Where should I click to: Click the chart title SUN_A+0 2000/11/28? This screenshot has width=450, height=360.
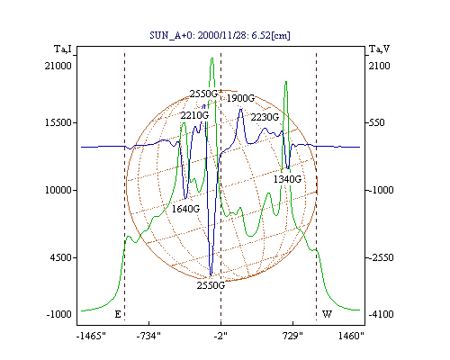(220, 35)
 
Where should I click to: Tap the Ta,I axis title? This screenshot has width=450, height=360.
(63, 49)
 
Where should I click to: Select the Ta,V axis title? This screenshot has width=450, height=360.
(379, 49)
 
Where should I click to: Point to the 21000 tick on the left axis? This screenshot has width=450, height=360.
(58, 66)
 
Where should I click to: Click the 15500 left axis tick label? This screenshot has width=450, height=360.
(58, 122)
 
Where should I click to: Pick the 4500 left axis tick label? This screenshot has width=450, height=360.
(61, 257)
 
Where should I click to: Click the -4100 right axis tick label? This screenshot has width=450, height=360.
(381, 314)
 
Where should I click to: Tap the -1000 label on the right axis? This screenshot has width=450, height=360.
(381, 190)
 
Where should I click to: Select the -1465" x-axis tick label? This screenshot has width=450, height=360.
(91, 336)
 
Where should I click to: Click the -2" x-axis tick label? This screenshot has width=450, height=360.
(220, 336)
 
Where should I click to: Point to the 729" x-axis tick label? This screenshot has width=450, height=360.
(292, 336)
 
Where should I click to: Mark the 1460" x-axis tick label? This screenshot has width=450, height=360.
(351, 336)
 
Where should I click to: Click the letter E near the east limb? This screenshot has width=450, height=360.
(118, 314)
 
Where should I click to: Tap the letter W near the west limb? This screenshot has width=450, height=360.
(327, 314)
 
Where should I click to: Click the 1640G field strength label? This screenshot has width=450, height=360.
(185, 209)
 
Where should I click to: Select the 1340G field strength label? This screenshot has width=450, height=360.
(287, 179)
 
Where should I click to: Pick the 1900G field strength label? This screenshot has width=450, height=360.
(240, 98)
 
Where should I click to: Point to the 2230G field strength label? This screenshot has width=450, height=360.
(265, 117)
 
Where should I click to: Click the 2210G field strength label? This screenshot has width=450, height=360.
(194, 115)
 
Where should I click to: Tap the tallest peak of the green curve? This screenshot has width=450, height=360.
(212, 58)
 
